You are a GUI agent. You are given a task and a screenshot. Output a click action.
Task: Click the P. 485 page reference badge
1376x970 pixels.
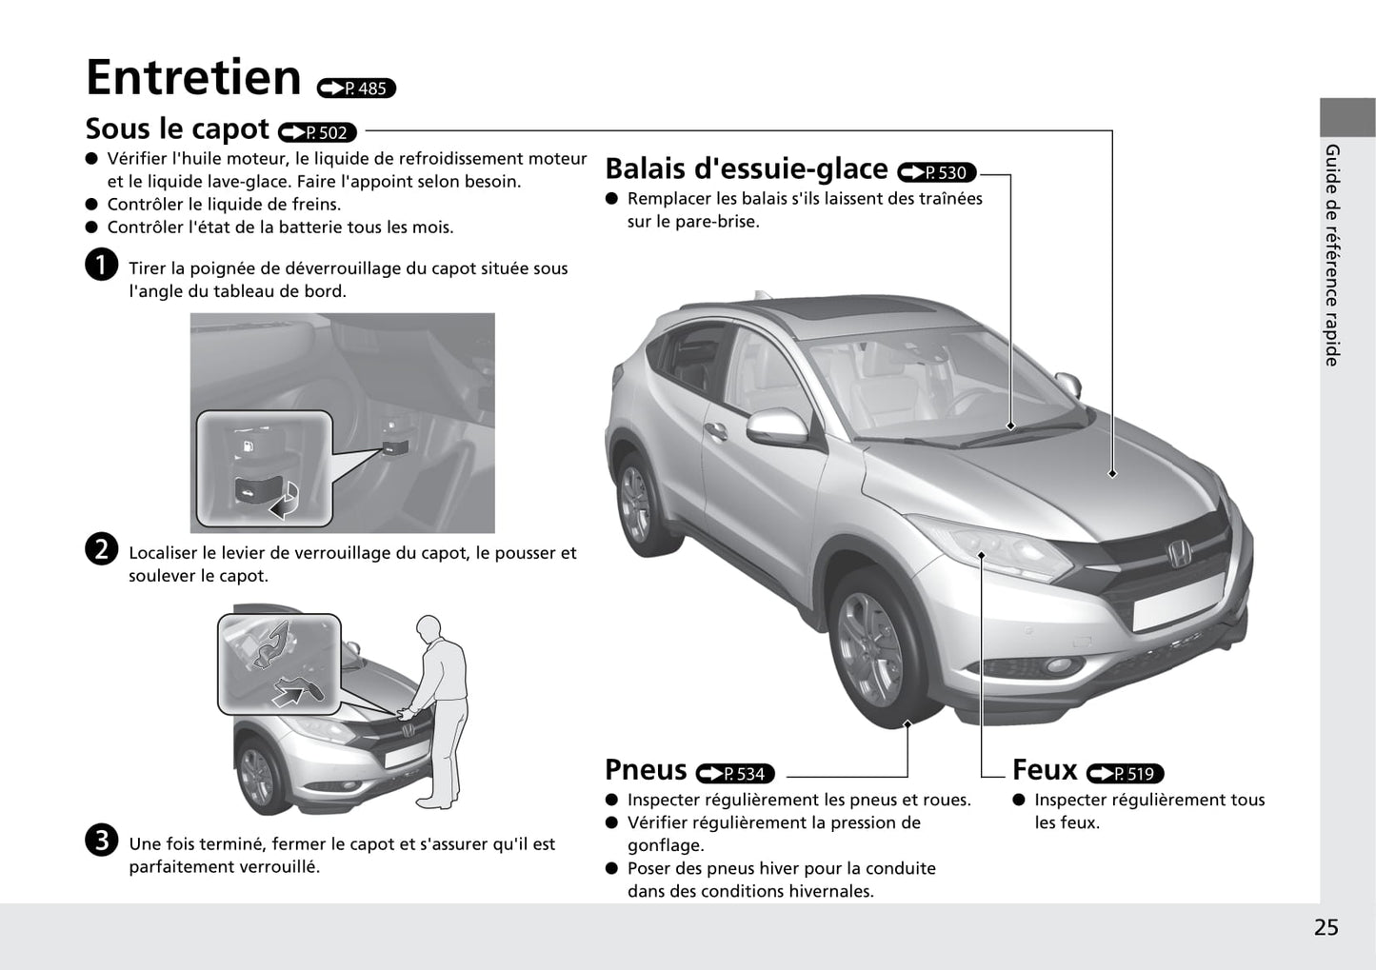point(356,89)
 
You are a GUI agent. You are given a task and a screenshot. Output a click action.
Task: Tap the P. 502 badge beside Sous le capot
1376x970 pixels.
point(318,132)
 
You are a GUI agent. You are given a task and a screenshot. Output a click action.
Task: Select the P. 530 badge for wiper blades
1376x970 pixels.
point(937,172)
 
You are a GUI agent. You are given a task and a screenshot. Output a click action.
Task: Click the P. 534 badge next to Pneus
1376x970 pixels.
point(735,774)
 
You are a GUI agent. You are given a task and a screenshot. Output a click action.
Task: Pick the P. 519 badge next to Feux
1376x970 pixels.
point(1126,774)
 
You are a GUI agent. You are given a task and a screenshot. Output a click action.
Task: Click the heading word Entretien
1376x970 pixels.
point(193,78)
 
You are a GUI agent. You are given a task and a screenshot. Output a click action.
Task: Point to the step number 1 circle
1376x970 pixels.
point(101,265)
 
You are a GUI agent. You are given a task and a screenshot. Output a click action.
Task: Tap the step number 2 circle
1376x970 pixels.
point(101,549)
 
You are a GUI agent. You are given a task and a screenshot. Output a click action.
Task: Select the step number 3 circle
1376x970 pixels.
point(101,840)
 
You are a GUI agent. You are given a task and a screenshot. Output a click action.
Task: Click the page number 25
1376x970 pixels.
point(1326,927)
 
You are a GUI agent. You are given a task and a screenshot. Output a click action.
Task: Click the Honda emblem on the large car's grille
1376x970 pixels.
point(1179,553)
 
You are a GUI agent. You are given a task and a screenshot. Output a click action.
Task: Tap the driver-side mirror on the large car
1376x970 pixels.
point(778,426)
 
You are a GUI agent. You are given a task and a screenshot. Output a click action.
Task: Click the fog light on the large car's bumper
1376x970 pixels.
point(1059,664)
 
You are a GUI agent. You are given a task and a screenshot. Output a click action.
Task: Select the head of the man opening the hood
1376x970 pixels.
point(429,628)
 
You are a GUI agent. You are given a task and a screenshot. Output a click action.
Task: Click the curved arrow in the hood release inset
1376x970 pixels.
point(286,501)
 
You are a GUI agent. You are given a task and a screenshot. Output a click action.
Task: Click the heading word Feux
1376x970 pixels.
point(1045,770)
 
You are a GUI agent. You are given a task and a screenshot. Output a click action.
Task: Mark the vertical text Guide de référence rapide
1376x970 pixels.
point(1332,255)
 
